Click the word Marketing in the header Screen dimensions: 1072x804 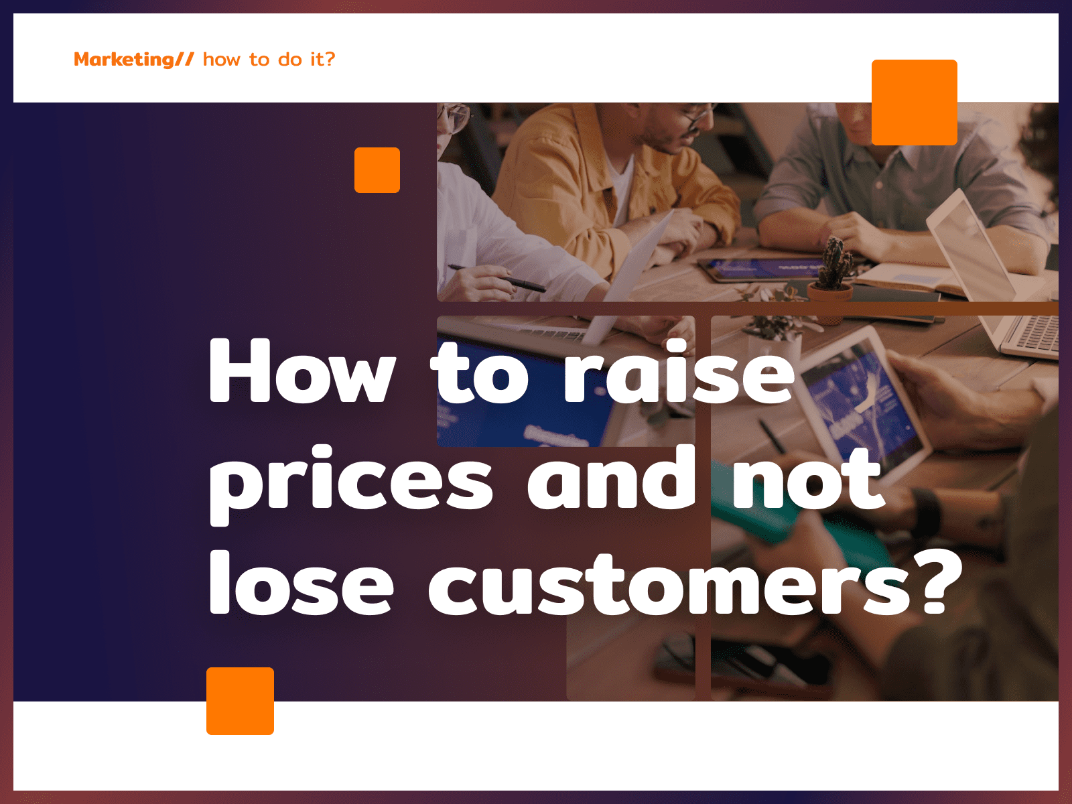(123, 60)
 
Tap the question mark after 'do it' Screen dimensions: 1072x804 (330, 58)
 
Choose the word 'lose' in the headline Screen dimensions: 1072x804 (301, 582)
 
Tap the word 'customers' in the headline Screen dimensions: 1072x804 (675, 584)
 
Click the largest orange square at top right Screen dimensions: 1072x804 (915, 103)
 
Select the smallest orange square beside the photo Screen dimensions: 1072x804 (377, 170)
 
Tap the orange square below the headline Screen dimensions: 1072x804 (241, 701)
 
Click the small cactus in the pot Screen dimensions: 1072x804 (834, 263)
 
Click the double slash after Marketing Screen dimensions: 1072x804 (185, 60)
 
